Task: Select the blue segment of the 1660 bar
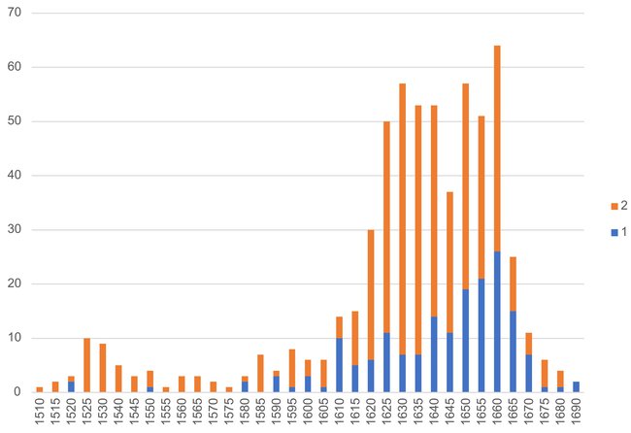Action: click(497, 321)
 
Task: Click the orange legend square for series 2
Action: click(611, 206)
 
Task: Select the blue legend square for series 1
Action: click(611, 233)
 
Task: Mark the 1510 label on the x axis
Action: click(40, 415)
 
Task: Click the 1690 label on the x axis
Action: click(577, 415)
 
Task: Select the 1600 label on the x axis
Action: click(308, 415)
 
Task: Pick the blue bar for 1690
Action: click(576, 386)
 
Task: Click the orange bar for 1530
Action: click(103, 368)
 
